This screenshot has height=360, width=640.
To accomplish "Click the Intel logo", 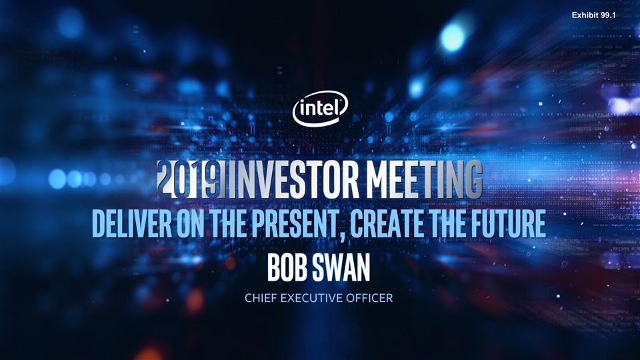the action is point(321,109).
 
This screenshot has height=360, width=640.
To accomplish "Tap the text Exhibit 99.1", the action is point(593,15).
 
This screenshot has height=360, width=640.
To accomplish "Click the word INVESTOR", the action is point(294,179).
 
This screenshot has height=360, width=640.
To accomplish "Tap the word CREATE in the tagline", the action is point(389,223).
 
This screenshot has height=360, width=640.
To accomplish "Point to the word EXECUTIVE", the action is point(311,298).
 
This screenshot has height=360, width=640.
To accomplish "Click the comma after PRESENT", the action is point(345,236).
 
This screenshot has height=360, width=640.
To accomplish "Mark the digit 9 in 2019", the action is point(216,179).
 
